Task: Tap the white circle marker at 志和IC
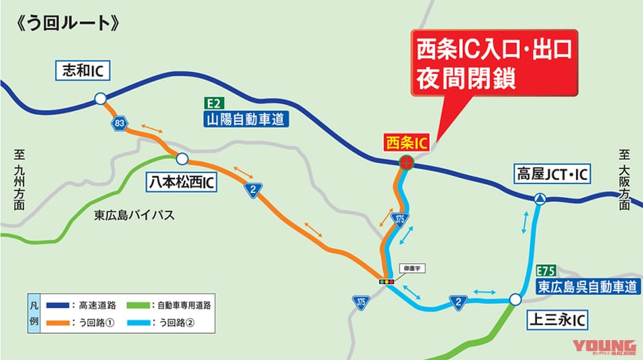point(101,99)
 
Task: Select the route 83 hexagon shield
point(120,123)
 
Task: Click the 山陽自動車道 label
point(246,120)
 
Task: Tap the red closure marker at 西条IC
point(406,162)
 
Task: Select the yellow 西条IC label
point(406,142)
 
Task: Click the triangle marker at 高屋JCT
point(540,199)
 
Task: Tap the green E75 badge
point(547,270)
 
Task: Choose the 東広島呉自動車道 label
point(588,286)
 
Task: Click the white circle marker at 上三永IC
point(515,299)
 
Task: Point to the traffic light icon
point(387,281)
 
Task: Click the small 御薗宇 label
point(411,268)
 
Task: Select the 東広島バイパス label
point(134,215)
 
